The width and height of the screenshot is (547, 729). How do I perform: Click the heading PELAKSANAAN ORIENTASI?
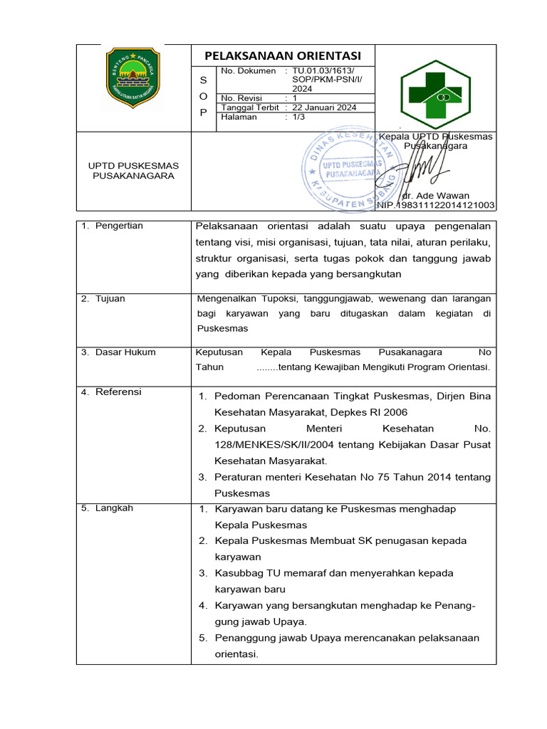(283, 56)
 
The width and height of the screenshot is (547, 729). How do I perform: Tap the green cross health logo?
(436, 89)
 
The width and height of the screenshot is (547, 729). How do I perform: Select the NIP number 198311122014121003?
(436, 205)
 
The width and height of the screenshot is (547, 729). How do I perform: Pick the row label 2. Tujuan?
(103, 298)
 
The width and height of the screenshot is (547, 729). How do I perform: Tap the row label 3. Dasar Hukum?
(118, 352)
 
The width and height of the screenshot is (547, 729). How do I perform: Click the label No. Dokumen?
(248, 71)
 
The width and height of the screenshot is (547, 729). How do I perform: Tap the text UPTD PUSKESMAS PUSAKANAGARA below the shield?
(133, 171)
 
